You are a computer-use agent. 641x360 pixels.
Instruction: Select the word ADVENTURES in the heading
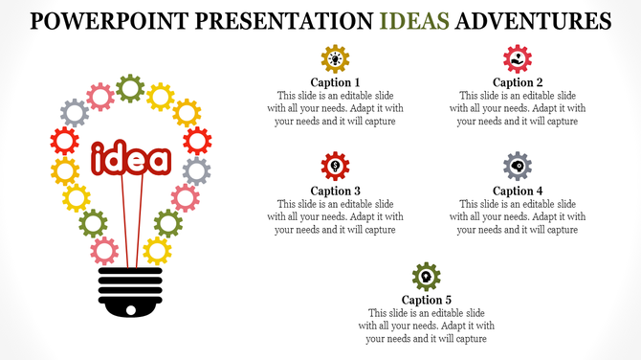tap(534, 20)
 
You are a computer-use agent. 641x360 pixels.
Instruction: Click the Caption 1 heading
tap(336, 82)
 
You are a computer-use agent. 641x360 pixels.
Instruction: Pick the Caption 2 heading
tap(518, 82)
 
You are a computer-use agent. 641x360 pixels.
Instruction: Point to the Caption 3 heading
tap(336, 191)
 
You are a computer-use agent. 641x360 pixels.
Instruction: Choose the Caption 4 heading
tap(518, 191)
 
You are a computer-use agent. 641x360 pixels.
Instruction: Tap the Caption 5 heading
tap(427, 300)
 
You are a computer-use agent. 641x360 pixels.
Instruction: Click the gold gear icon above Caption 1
tap(336, 58)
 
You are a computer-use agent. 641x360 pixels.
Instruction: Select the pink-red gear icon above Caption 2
tap(518, 58)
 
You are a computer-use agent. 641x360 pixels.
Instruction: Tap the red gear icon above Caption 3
tap(336, 167)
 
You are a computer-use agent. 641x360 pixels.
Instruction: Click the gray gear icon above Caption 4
tap(518, 167)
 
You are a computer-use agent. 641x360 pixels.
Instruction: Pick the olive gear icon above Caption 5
tap(427, 277)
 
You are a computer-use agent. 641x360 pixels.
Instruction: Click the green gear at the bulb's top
tap(130, 89)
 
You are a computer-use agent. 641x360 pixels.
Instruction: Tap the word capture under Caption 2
tap(562, 122)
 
